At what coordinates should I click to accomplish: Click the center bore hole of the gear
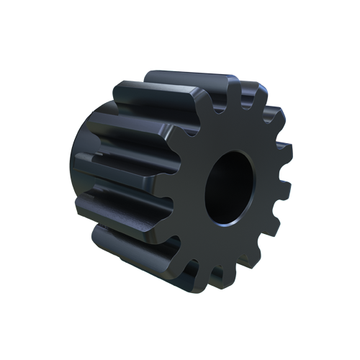pos(229,186)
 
